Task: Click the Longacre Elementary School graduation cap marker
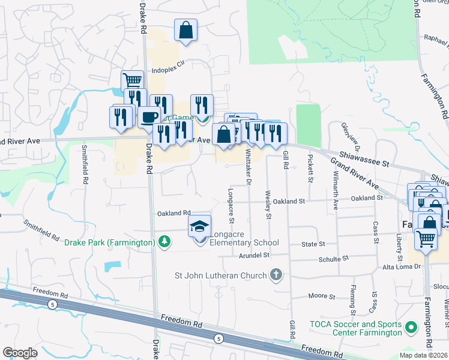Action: pyautogui.click(x=199, y=227)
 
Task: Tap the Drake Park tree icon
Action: pyautogui.click(x=163, y=242)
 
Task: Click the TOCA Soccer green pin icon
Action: pyautogui.click(x=411, y=328)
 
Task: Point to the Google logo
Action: pyautogui.click(x=20, y=353)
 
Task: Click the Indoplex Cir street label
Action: pyautogui.click(x=170, y=70)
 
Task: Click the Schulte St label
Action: pyautogui.click(x=333, y=257)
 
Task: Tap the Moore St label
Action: pyautogui.click(x=321, y=296)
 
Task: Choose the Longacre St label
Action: pyautogui.click(x=231, y=202)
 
